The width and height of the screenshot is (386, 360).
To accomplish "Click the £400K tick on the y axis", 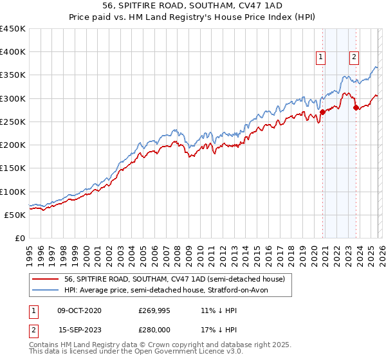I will [13, 52].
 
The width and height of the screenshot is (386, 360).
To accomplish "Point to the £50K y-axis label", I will [15, 215].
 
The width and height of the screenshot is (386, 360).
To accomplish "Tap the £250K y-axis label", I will [13, 122].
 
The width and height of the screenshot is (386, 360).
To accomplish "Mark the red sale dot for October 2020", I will [322, 112].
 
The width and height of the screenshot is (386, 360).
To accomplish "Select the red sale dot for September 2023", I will [356, 107].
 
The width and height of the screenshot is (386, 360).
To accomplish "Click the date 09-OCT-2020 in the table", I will [78, 310].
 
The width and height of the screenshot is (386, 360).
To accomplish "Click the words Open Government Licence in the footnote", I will [183, 352].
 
